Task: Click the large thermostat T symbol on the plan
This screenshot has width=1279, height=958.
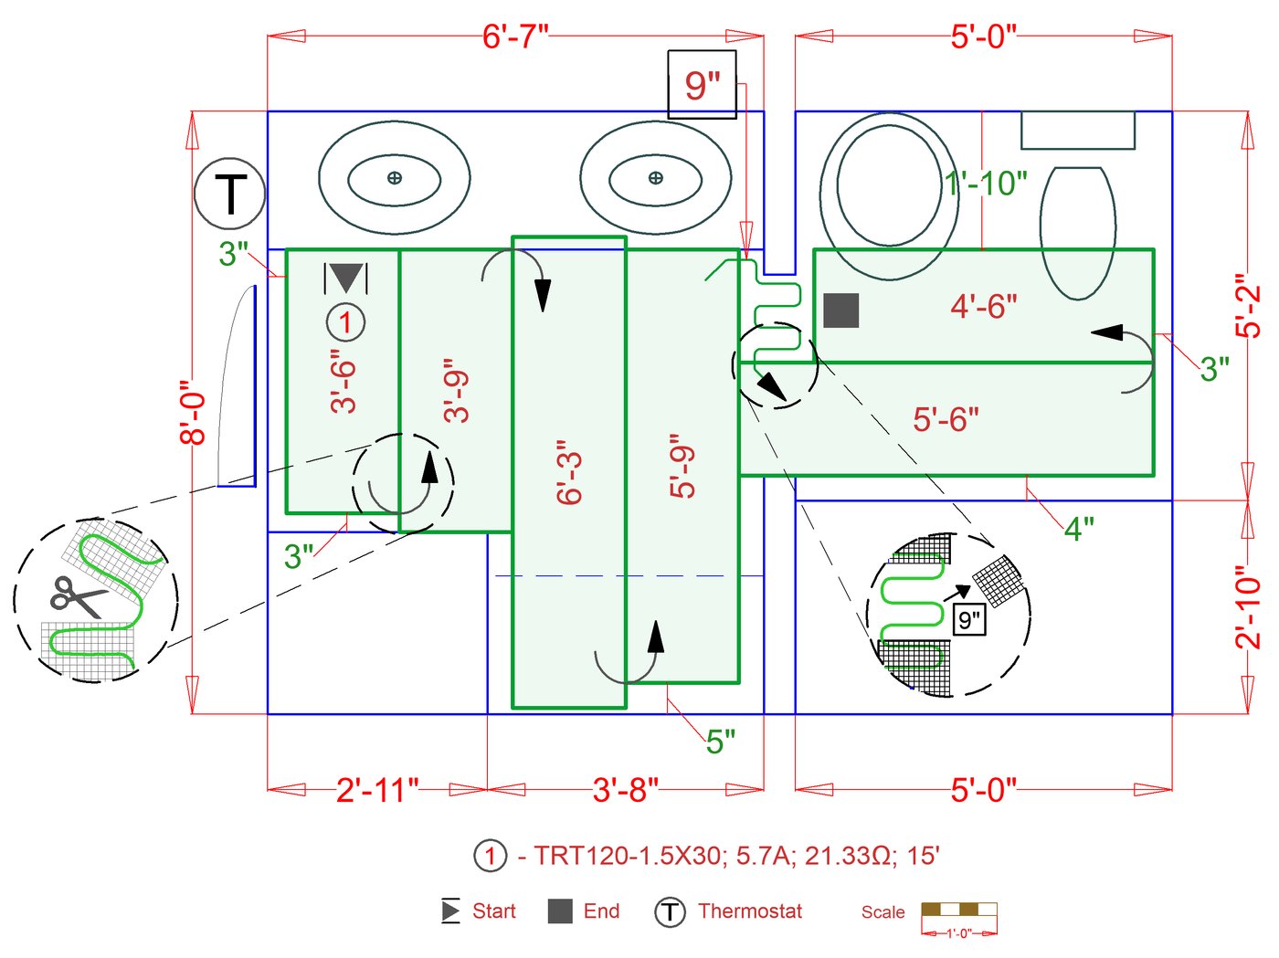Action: click(x=229, y=194)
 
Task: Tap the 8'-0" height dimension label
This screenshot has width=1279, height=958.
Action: click(x=193, y=413)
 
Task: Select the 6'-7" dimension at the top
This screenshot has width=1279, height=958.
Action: click(x=515, y=37)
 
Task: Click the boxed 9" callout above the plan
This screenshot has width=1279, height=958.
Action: click(x=702, y=85)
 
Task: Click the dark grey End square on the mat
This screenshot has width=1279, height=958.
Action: click(x=840, y=311)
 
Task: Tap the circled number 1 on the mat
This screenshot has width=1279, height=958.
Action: click(x=345, y=321)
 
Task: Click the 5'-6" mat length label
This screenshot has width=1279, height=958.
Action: click(x=946, y=419)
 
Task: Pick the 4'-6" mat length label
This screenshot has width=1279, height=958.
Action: click(x=984, y=306)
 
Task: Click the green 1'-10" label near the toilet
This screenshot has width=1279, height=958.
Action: click(x=986, y=184)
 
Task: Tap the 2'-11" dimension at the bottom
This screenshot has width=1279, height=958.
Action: click(x=376, y=790)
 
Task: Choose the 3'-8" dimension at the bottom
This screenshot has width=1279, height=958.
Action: click(x=625, y=790)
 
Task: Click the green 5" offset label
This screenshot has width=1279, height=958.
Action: click(x=720, y=742)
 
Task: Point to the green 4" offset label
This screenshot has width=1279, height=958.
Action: click(x=1079, y=528)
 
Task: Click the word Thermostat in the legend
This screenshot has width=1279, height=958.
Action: click(x=749, y=911)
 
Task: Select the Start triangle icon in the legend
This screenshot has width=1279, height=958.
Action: click(x=450, y=911)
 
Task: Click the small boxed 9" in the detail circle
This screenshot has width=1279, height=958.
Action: click(x=968, y=620)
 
